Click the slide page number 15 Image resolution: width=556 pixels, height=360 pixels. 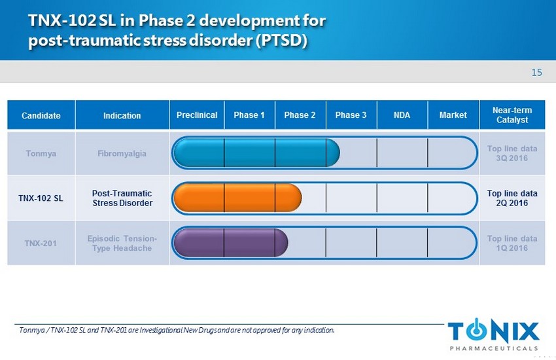coord(536,73)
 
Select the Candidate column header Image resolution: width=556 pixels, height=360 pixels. coord(41,115)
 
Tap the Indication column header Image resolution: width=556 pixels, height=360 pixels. coord(122,115)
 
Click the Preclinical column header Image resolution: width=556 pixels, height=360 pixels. coord(197,115)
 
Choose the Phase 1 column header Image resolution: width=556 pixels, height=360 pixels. coord(249,115)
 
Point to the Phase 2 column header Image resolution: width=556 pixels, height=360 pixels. coord(300,115)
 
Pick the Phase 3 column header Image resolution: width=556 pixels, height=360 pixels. coord(351,115)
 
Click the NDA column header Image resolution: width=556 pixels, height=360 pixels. coord(402,115)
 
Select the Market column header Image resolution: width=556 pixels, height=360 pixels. coord(453,115)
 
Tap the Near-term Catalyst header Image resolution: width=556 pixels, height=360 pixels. coord(512,115)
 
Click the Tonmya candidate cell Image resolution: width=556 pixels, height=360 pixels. coord(41,153)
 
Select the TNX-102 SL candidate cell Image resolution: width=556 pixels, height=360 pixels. coord(41,198)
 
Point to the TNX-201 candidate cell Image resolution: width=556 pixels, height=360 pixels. coord(41,243)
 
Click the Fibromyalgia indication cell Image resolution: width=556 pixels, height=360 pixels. coord(122,153)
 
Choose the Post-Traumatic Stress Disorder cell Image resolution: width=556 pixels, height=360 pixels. coord(122,198)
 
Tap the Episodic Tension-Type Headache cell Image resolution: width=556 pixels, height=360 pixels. coord(122,243)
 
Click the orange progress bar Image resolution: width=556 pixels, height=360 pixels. coord(237,198)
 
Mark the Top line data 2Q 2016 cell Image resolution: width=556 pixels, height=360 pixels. coord(512,198)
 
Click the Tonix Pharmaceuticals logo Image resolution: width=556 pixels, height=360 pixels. coord(494,334)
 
